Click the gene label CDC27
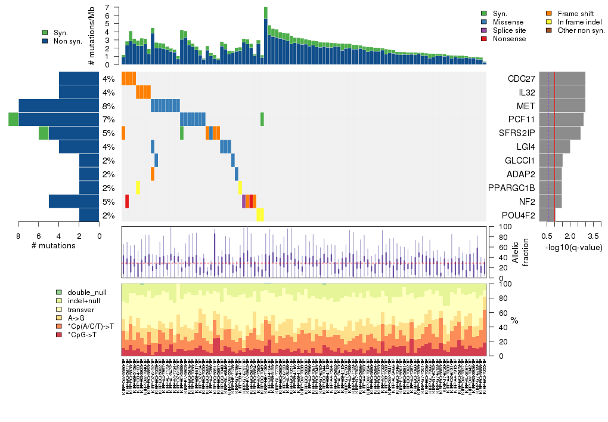pyautogui.click(x=521, y=79)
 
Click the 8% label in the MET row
pyautogui.click(x=108, y=106)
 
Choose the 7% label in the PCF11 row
pyautogui.click(x=108, y=119)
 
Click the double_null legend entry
pyautogui.click(x=87, y=292)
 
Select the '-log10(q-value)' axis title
pyautogui.click(x=573, y=247)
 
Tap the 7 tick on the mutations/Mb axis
pyautogui.click(x=107, y=8)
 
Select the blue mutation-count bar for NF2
pyautogui.click(x=74, y=202)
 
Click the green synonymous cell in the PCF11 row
pyautogui.click(x=262, y=119)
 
